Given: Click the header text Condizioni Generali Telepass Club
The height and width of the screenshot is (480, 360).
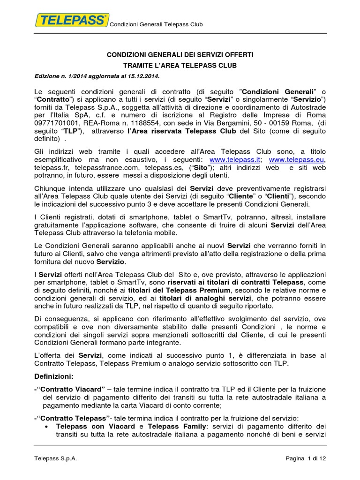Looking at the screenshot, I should (x=156, y=24).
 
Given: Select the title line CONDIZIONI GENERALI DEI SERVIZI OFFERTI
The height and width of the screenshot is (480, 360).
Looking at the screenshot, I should (x=181, y=55).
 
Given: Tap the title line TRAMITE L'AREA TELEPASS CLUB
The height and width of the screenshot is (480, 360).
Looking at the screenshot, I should (x=181, y=66).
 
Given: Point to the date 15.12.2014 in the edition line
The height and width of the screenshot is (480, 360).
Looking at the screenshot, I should (x=144, y=76).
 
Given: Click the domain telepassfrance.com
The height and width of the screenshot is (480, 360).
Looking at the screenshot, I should (x=101, y=168).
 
